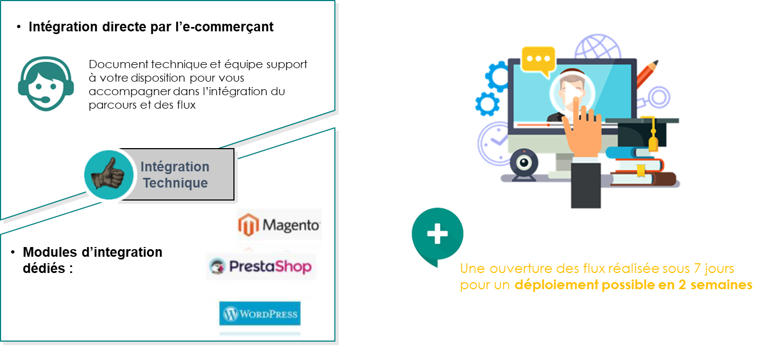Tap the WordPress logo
pyautogui.click(x=259, y=314)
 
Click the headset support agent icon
pyautogui.click(x=45, y=84)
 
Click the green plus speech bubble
pyautogui.click(x=437, y=235)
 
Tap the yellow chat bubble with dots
pyautogui.click(x=538, y=60)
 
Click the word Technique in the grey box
pyautogui.click(x=175, y=183)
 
